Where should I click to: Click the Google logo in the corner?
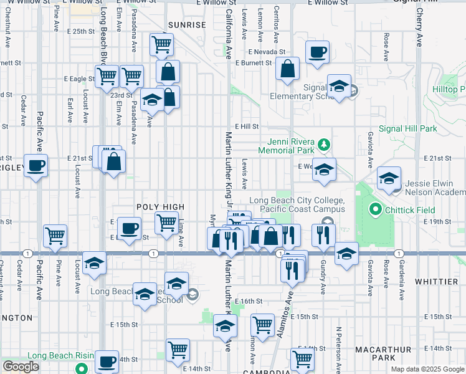point(21,367)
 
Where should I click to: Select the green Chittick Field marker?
point(374,209)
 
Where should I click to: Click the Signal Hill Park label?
point(407,128)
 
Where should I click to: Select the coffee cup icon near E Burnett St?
point(318,52)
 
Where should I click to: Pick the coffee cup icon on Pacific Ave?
point(36,166)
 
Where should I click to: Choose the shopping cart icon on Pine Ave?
point(55,236)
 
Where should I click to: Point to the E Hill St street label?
point(246,126)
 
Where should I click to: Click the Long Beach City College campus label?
point(297,204)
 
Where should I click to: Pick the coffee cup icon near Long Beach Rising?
point(107,361)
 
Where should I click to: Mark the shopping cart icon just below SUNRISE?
point(161,44)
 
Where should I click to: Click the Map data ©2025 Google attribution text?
point(427,369)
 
